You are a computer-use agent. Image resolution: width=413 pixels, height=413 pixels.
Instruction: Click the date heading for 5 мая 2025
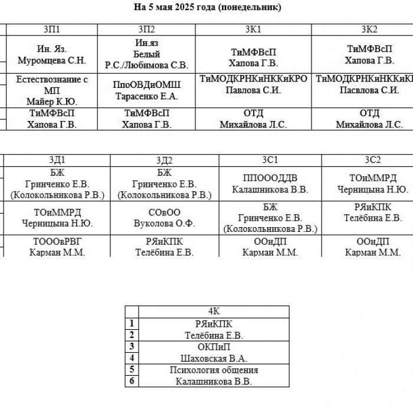pos(207,7)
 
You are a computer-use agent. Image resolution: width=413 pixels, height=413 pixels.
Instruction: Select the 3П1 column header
pos(52,29)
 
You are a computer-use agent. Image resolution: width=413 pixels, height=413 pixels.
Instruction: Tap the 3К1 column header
pos(253,29)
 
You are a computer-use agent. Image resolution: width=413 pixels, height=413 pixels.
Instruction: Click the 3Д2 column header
pos(165,160)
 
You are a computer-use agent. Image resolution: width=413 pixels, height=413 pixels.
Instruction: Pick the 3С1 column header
pos(270,160)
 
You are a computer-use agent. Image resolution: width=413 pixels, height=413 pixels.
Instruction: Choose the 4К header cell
pos(214,312)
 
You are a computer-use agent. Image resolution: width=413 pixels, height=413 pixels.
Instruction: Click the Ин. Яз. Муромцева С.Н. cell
pos(52,54)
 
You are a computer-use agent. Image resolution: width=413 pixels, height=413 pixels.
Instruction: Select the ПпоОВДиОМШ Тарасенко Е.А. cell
pos(146,90)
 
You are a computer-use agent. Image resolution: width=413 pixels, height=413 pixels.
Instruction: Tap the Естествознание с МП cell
pos(52,90)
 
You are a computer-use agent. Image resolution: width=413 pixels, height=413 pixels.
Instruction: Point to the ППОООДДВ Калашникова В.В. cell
pos(270,184)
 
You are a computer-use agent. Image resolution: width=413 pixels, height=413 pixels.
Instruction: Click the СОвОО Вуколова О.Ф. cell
pos(165,218)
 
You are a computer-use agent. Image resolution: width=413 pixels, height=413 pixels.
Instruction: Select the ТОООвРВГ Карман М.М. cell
pos(57,247)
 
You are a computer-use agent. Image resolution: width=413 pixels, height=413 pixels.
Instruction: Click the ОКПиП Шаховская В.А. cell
pos(214,353)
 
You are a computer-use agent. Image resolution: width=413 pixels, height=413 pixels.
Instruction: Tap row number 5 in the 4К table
pos(132,369)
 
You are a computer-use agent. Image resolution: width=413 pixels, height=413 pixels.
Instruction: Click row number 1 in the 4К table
pos(132,323)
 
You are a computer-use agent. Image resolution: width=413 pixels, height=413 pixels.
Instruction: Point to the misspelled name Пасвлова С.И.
pos(369,90)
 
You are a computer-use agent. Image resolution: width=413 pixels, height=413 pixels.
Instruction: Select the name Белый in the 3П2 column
pos(146,54)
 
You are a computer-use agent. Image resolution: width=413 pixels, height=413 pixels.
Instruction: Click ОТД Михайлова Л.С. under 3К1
pos(253,119)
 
